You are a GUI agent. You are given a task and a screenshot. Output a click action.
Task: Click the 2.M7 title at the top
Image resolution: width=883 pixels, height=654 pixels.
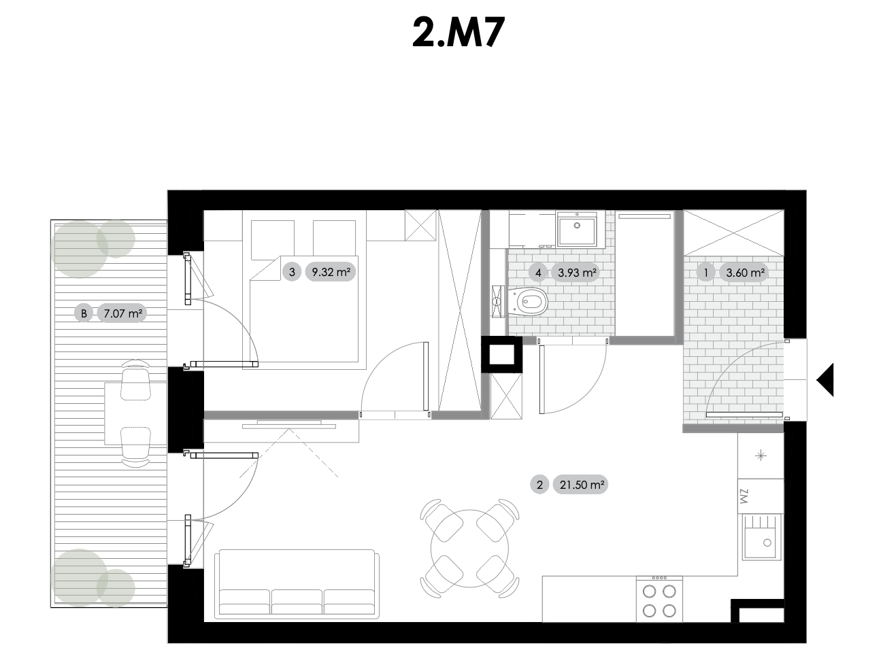point(459,33)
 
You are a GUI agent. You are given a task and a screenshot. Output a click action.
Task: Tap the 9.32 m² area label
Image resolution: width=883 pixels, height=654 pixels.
point(331,272)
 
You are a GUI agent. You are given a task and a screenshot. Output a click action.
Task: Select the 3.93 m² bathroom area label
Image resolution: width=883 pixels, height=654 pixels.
point(576,273)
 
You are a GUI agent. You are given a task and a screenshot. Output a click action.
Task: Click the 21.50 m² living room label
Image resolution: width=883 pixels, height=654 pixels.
point(581,485)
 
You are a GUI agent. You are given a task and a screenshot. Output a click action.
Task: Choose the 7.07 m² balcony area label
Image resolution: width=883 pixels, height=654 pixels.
point(122,313)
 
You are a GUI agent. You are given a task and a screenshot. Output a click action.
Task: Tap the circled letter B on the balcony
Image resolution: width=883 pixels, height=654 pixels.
point(84,313)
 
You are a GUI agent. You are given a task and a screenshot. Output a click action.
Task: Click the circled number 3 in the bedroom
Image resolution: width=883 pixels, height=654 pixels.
point(292,272)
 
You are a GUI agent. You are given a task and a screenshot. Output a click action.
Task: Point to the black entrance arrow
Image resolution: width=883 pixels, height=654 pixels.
point(825,379)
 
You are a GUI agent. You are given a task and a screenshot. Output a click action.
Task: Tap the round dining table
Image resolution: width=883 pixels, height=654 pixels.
point(469,548)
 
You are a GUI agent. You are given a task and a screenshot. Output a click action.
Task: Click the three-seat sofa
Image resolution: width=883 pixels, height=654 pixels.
point(297,585)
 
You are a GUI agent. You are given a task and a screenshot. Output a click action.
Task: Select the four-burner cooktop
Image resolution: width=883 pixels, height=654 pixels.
point(659,599)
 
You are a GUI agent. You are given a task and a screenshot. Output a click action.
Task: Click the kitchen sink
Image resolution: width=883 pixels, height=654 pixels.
point(761,537)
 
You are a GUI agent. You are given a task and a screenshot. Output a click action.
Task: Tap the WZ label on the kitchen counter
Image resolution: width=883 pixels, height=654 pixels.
point(744,496)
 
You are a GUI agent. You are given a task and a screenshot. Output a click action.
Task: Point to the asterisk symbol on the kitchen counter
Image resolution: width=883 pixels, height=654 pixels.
point(761,455)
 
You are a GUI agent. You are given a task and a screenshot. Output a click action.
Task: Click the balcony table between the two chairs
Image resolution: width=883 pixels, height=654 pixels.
point(135,413)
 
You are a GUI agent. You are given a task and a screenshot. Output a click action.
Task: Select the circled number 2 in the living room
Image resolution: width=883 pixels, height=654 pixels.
point(539,485)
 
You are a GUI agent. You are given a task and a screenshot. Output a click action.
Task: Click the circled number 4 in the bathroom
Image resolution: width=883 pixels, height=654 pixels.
point(538,273)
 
